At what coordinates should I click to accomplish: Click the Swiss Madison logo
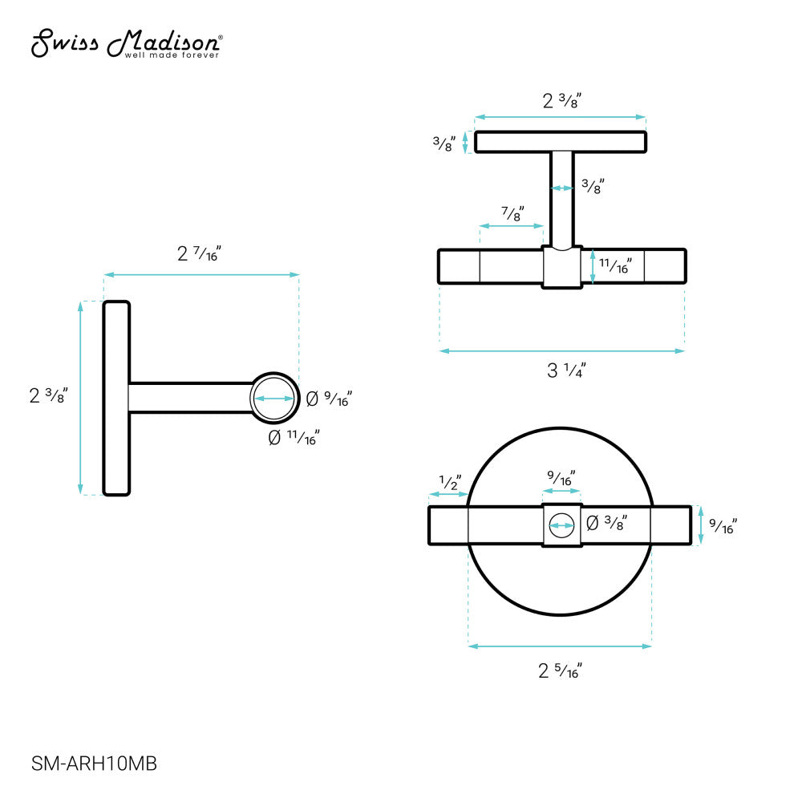click(x=127, y=44)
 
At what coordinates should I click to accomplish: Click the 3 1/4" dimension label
click(x=566, y=371)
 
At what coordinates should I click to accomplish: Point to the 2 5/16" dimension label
click(x=559, y=670)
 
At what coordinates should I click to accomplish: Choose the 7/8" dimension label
click(x=512, y=213)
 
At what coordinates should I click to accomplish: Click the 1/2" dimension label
click(x=449, y=482)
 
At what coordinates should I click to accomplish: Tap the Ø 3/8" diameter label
click(x=606, y=523)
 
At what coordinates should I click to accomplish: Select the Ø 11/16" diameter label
click(x=294, y=438)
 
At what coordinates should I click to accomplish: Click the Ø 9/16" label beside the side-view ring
click(x=329, y=398)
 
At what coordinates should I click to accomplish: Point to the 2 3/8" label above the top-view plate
click(x=561, y=101)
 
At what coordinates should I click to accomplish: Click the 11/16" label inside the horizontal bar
click(x=616, y=265)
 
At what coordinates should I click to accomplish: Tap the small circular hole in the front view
click(x=561, y=527)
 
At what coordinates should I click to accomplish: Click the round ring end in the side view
click(x=274, y=399)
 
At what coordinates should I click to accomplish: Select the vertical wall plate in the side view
click(x=116, y=399)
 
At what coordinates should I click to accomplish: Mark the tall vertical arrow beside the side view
click(x=80, y=399)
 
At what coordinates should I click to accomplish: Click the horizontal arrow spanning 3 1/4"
click(x=561, y=350)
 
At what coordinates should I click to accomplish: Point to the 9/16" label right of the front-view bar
click(x=723, y=526)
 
